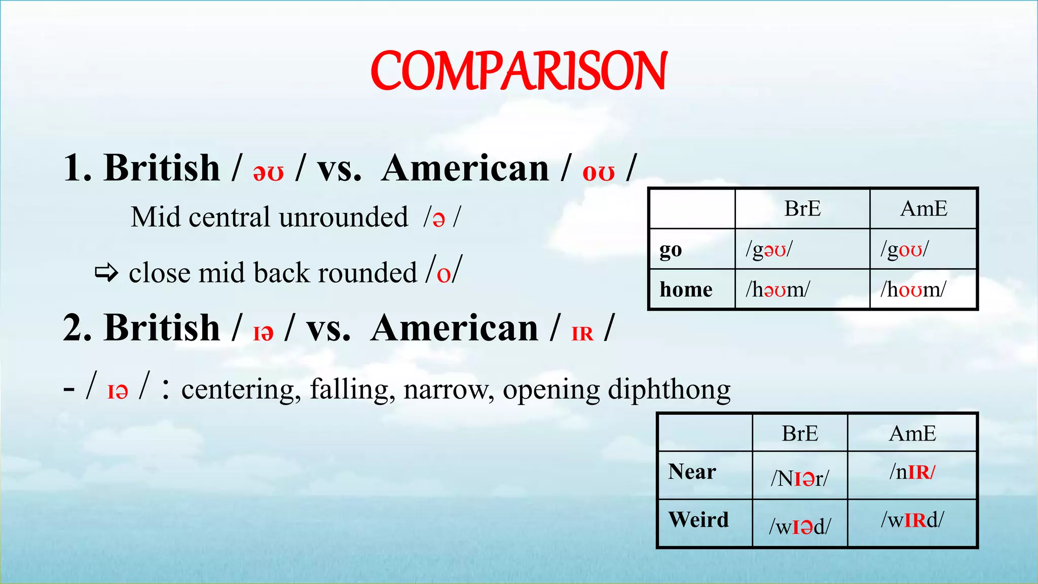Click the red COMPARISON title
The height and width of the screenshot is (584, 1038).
(x=518, y=71)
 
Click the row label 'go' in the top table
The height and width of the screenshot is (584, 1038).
(x=671, y=250)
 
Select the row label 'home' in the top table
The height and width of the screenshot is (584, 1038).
(x=686, y=289)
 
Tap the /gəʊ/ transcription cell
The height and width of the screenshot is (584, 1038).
(x=769, y=249)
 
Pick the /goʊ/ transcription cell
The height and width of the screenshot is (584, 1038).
(x=905, y=249)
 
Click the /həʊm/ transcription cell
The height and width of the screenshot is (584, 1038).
(x=777, y=289)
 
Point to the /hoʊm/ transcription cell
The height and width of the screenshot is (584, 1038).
(x=913, y=289)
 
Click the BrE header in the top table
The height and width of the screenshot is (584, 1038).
(x=802, y=209)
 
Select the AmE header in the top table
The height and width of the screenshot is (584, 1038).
(x=923, y=209)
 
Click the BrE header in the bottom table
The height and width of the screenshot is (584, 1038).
(x=800, y=434)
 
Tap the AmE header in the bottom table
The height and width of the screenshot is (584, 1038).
(x=912, y=434)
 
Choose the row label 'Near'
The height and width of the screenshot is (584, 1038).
(x=692, y=471)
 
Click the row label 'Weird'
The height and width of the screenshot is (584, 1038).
(x=698, y=520)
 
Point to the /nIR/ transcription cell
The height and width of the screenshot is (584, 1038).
(x=912, y=472)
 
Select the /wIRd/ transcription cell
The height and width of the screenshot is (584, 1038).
(x=912, y=520)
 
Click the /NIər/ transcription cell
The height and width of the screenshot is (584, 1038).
(x=800, y=478)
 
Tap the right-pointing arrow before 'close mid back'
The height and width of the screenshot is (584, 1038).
(x=106, y=273)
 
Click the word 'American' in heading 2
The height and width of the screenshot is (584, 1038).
(x=454, y=328)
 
